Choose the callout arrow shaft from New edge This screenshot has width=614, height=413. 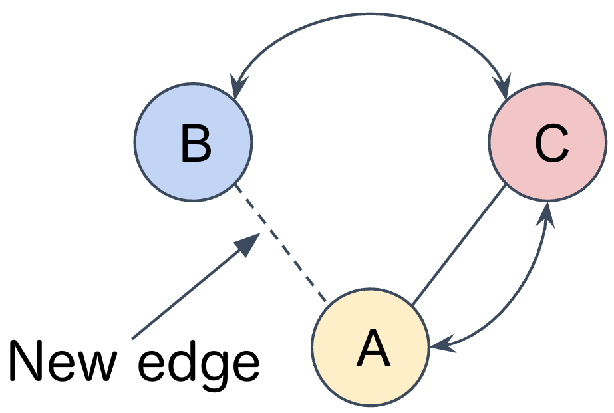186,293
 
